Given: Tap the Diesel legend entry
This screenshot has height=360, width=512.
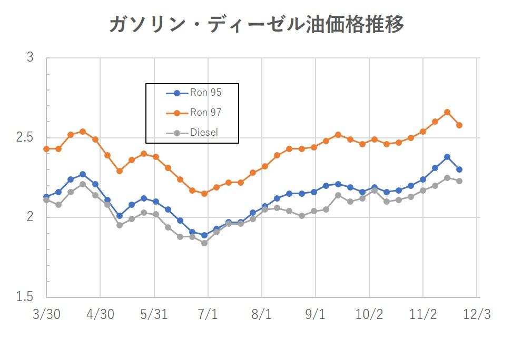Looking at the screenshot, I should [x=204, y=133].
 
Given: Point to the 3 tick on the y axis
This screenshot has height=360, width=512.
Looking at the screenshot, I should [x=30, y=58].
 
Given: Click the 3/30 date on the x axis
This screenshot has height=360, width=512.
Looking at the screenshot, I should [x=46, y=315].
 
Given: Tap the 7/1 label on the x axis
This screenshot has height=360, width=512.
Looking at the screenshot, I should [x=208, y=315].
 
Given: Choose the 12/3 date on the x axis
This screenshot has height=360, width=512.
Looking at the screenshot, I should [x=477, y=315].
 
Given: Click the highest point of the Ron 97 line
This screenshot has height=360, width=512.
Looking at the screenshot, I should [x=447, y=112].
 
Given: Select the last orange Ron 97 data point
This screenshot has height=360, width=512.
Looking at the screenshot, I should [x=459, y=125].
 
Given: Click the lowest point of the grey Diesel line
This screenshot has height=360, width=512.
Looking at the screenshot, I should [x=204, y=243].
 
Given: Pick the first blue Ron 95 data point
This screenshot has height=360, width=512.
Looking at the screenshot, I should [x=46, y=197].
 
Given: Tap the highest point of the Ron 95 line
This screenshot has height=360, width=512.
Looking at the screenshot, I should [x=447, y=157].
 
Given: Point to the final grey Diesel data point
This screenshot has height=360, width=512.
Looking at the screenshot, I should [x=459, y=181].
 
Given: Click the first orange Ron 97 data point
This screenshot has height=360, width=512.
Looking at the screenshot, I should [x=46, y=149].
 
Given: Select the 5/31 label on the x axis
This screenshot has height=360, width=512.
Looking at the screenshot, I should [x=154, y=315].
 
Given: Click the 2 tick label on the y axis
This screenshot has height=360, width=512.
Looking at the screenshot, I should [x=30, y=217].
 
